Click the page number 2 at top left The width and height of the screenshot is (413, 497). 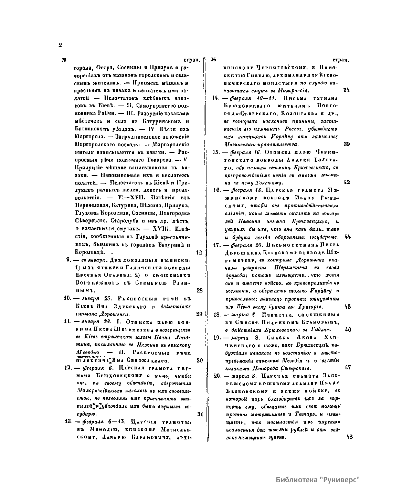[x=60, y=45]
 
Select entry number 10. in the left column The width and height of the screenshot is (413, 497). [x=67, y=298]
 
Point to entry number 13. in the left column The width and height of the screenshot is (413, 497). [x=67, y=421]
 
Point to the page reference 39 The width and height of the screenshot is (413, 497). [x=347, y=144]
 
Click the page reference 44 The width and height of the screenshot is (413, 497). [x=347, y=237]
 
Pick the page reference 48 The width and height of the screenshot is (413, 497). [x=350, y=437]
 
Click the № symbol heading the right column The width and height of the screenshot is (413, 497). [x=213, y=59]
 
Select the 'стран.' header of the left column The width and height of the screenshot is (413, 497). [x=192, y=60]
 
